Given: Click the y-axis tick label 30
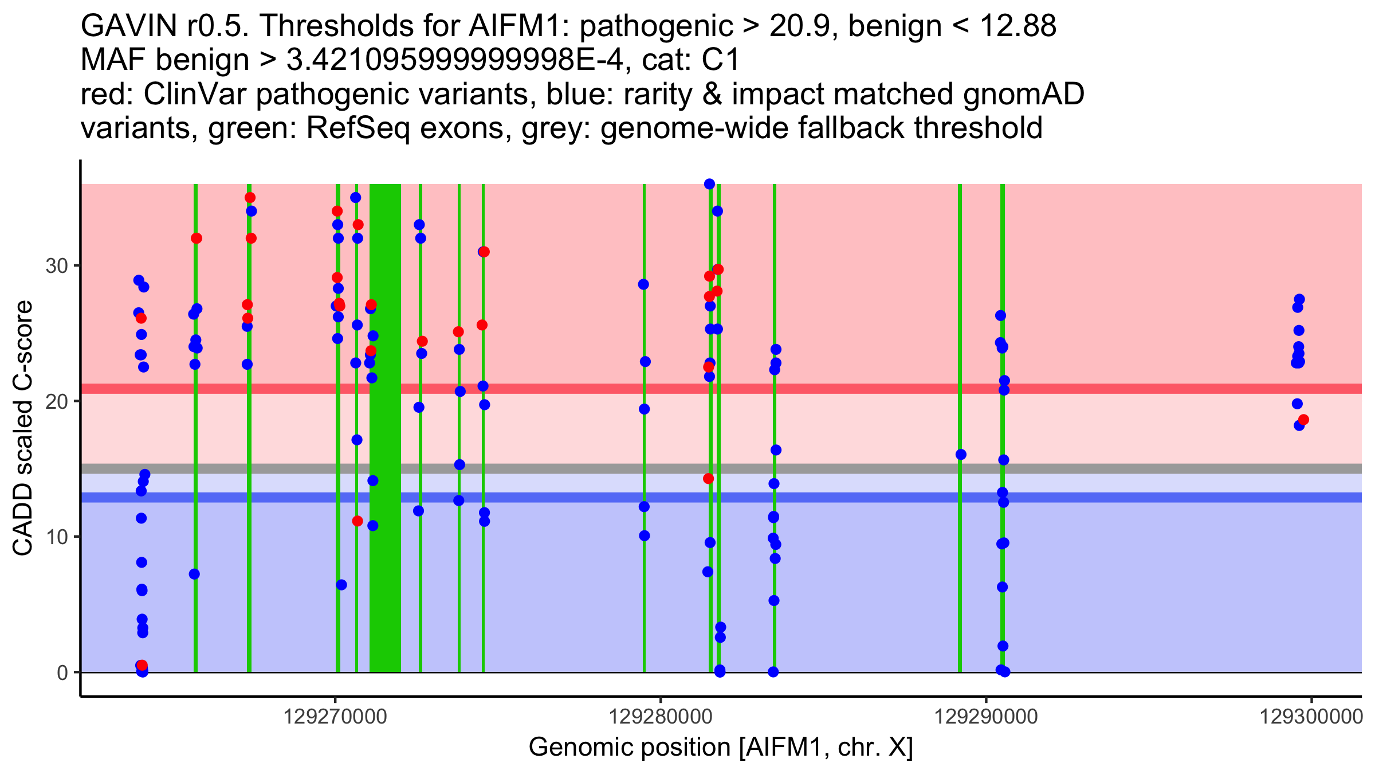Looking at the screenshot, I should (x=56, y=266).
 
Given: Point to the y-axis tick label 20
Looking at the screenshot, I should (x=56, y=401).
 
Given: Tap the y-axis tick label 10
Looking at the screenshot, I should (x=56, y=537).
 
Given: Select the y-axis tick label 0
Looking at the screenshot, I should (x=62, y=673).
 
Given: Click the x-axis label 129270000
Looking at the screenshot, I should (x=335, y=717).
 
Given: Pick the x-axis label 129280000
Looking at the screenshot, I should (x=661, y=717).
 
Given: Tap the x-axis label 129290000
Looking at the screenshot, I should (x=986, y=717).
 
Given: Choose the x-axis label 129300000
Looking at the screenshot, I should (x=1311, y=717).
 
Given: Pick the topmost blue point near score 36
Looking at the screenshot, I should (x=709, y=184).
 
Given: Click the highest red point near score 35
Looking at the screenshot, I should (x=250, y=198).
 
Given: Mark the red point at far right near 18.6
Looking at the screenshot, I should (x=1303, y=420).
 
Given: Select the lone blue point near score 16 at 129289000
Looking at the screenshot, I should (x=961, y=455).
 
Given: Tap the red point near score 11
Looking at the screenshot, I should (x=357, y=521).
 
